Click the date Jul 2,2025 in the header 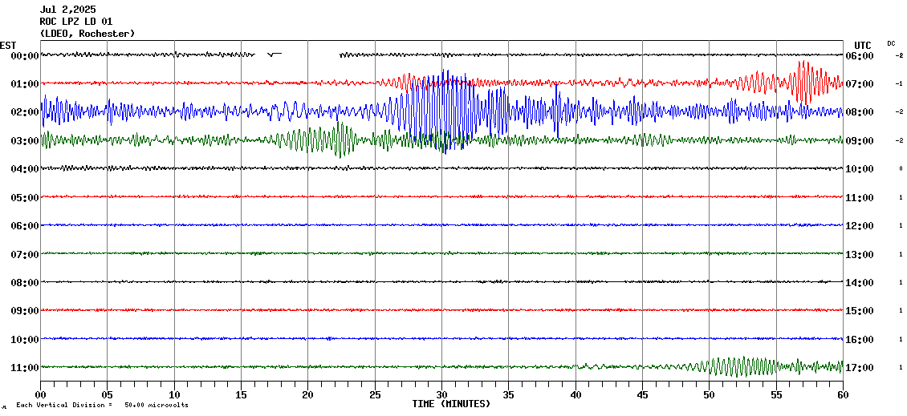(x=67, y=10)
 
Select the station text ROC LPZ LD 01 (x=76, y=22)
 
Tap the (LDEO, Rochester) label (x=87, y=34)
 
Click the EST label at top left (x=8, y=45)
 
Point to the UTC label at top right (x=862, y=45)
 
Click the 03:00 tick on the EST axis (x=25, y=141)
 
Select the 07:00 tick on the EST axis (x=25, y=255)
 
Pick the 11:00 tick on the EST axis (x=25, y=368)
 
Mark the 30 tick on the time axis (x=441, y=394)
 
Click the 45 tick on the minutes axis (x=642, y=394)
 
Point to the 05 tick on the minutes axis (x=108, y=394)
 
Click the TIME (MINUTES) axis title (x=450, y=404)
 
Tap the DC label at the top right (x=891, y=43)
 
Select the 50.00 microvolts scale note (x=157, y=405)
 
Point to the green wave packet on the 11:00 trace (x=734, y=367)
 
